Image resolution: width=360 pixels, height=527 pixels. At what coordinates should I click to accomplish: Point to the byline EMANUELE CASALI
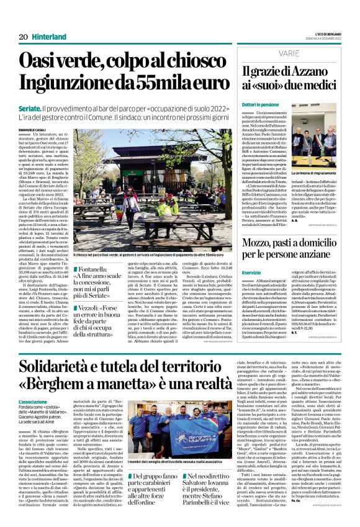pos(33,129)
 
